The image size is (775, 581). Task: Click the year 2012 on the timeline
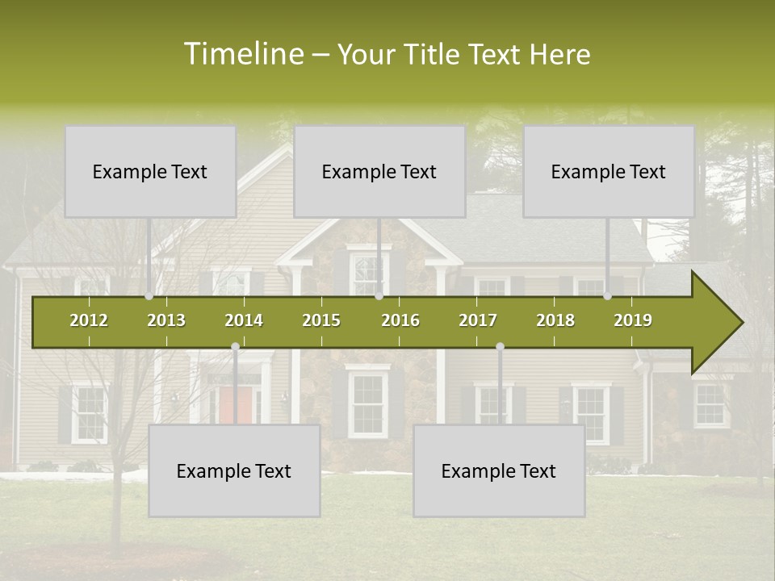click(89, 320)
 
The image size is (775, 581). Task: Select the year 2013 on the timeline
click(166, 320)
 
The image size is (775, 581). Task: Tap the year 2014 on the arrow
click(244, 320)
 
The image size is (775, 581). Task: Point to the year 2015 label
click(321, 320)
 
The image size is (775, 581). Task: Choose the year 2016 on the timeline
click(400, 320)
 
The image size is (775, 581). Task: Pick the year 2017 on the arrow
click(478, 320)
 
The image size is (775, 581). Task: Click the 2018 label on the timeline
click(555, 320)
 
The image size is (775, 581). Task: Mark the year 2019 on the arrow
click(633, 320)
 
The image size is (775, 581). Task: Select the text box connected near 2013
click(150, 172)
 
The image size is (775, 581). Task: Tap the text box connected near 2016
click(379, 172)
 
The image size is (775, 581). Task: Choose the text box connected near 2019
click(609, 172)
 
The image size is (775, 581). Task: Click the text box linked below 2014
click(234, 471)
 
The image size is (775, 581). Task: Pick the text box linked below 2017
click(499, 471)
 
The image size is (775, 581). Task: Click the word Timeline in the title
click(242, 54)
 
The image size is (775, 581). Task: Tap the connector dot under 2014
click(235, 347)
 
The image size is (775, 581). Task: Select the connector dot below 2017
click(500, 347)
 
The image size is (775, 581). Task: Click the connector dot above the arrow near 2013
click(149, 296)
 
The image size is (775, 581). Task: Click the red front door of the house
click(235, 404)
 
